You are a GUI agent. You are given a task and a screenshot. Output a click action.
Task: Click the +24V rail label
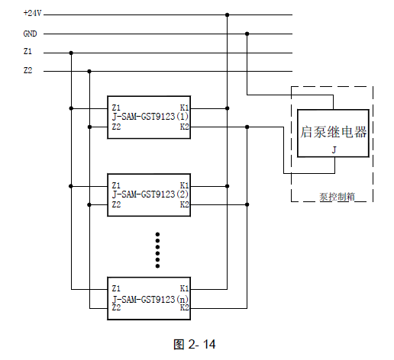tap(32, 13)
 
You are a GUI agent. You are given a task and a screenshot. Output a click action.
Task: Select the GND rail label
tap(30, 34)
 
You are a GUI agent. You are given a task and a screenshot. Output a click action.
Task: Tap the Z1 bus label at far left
tap(27, 51)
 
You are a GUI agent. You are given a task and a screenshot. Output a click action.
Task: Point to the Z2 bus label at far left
tap(27, 70)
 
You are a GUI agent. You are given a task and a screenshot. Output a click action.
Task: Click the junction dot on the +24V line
tap(228, 15)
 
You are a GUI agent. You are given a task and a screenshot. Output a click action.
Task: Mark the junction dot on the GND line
tap(247, 34)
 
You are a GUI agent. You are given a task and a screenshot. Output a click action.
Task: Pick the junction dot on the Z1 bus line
tap(71, 53)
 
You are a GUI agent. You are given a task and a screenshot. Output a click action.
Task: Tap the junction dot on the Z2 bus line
tap(89, 72)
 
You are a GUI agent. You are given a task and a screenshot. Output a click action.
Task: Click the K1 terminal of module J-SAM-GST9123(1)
tap(184, 108)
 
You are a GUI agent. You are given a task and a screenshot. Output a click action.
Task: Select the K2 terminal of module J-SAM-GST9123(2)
tap(185, 204)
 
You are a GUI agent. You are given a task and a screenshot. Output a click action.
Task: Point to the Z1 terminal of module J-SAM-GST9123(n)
tap(116, 288)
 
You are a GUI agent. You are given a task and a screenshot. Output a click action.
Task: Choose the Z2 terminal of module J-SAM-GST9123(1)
tap(116, 127)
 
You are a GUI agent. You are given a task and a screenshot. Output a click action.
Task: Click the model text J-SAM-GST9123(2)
tap(150, 194)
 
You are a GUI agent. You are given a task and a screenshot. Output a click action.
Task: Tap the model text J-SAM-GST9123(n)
tap(150, 299)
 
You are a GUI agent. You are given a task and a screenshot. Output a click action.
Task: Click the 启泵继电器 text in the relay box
tap(334, 132)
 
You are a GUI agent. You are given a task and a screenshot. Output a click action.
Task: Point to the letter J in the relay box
tap(334, 149)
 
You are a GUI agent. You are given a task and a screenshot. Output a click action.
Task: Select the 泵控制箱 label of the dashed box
tap(337, 197)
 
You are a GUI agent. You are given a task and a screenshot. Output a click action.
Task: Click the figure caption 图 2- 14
tap(195, 344)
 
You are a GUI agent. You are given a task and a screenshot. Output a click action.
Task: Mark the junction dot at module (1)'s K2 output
tap(247, 127)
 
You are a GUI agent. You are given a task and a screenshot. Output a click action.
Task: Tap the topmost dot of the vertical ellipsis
tap(157, 234)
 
